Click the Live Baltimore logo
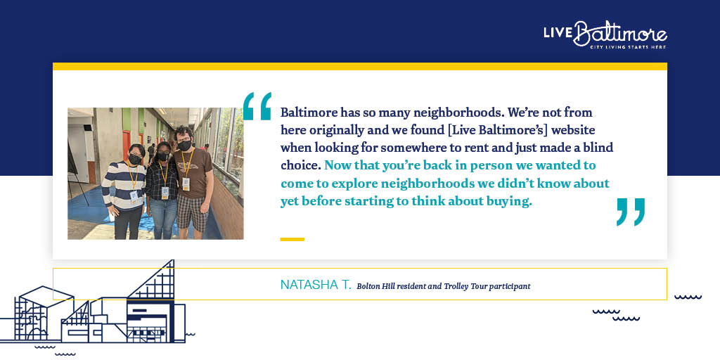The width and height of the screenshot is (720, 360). click(x=605, y=34)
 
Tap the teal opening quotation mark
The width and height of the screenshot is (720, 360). click(x=257, y=106)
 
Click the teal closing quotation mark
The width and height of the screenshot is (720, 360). click(x=631, y=212)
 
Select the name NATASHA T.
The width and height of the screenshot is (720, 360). click(x=316, y=285)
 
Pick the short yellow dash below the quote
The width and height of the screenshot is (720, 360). click(x=292, y=239)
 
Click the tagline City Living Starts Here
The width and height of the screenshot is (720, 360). click(x=628, y=47)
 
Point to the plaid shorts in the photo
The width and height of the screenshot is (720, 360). click(x=193, y=212)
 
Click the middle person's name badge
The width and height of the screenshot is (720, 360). click(x=165, y=191)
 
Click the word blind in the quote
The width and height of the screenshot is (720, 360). click(x=600, y=148)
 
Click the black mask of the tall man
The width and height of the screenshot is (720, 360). click(x=185, y=146)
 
